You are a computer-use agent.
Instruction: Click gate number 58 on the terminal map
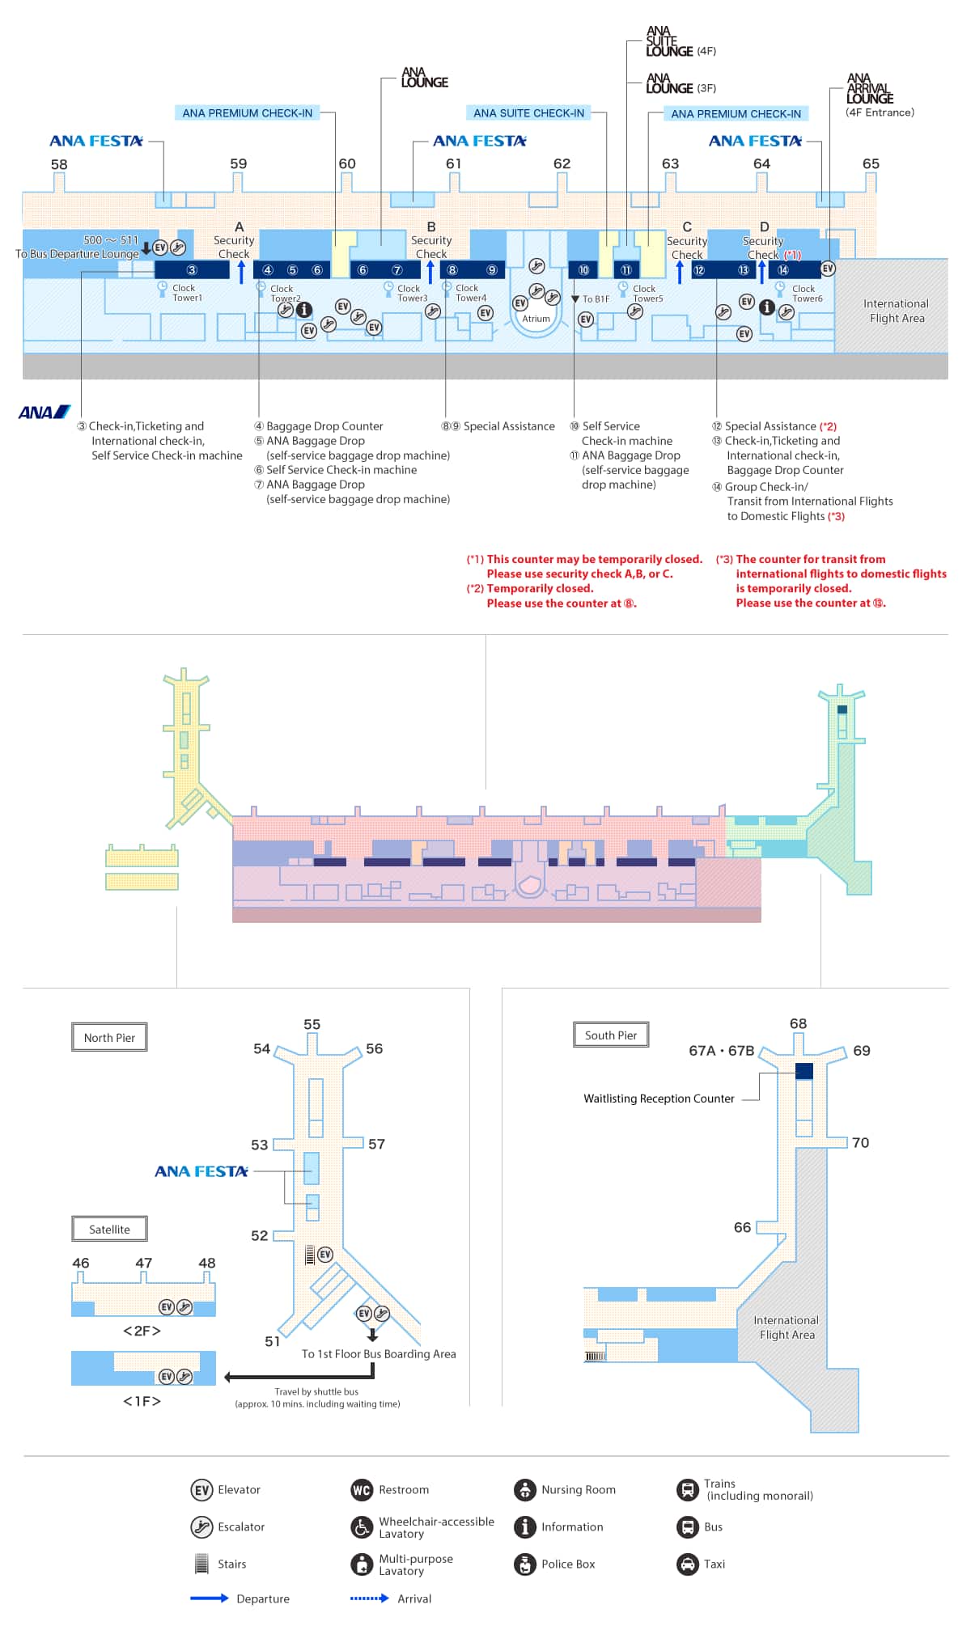coord(59,164)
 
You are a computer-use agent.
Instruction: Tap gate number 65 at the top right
coord(871,163)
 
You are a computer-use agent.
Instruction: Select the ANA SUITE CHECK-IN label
coord(528,113)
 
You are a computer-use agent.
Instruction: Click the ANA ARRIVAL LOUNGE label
coord(870,89)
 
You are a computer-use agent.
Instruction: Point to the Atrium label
coord(536,319)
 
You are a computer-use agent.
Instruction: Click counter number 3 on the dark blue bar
coord(192,270)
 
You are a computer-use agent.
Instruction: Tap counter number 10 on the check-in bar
coord(583,270)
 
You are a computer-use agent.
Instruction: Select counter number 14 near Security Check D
coord(782,270)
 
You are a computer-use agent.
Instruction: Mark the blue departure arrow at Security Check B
coord(430,271)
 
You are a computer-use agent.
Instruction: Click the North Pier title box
coord(109,1038)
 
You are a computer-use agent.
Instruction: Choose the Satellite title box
coord(109,1230)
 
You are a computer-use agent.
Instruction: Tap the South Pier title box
coord(611,1035)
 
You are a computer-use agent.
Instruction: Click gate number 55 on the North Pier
coord(312,1025)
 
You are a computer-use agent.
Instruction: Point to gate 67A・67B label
coord(721,1051)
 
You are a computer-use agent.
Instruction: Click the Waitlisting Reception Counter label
coord(659,1099)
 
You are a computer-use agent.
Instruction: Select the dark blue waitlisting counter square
coord(804,1071)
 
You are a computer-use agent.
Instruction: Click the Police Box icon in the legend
coord(525,1564)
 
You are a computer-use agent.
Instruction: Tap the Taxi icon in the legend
coord(687,1564)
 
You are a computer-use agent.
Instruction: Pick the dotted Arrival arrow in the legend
coord(369,1598)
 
